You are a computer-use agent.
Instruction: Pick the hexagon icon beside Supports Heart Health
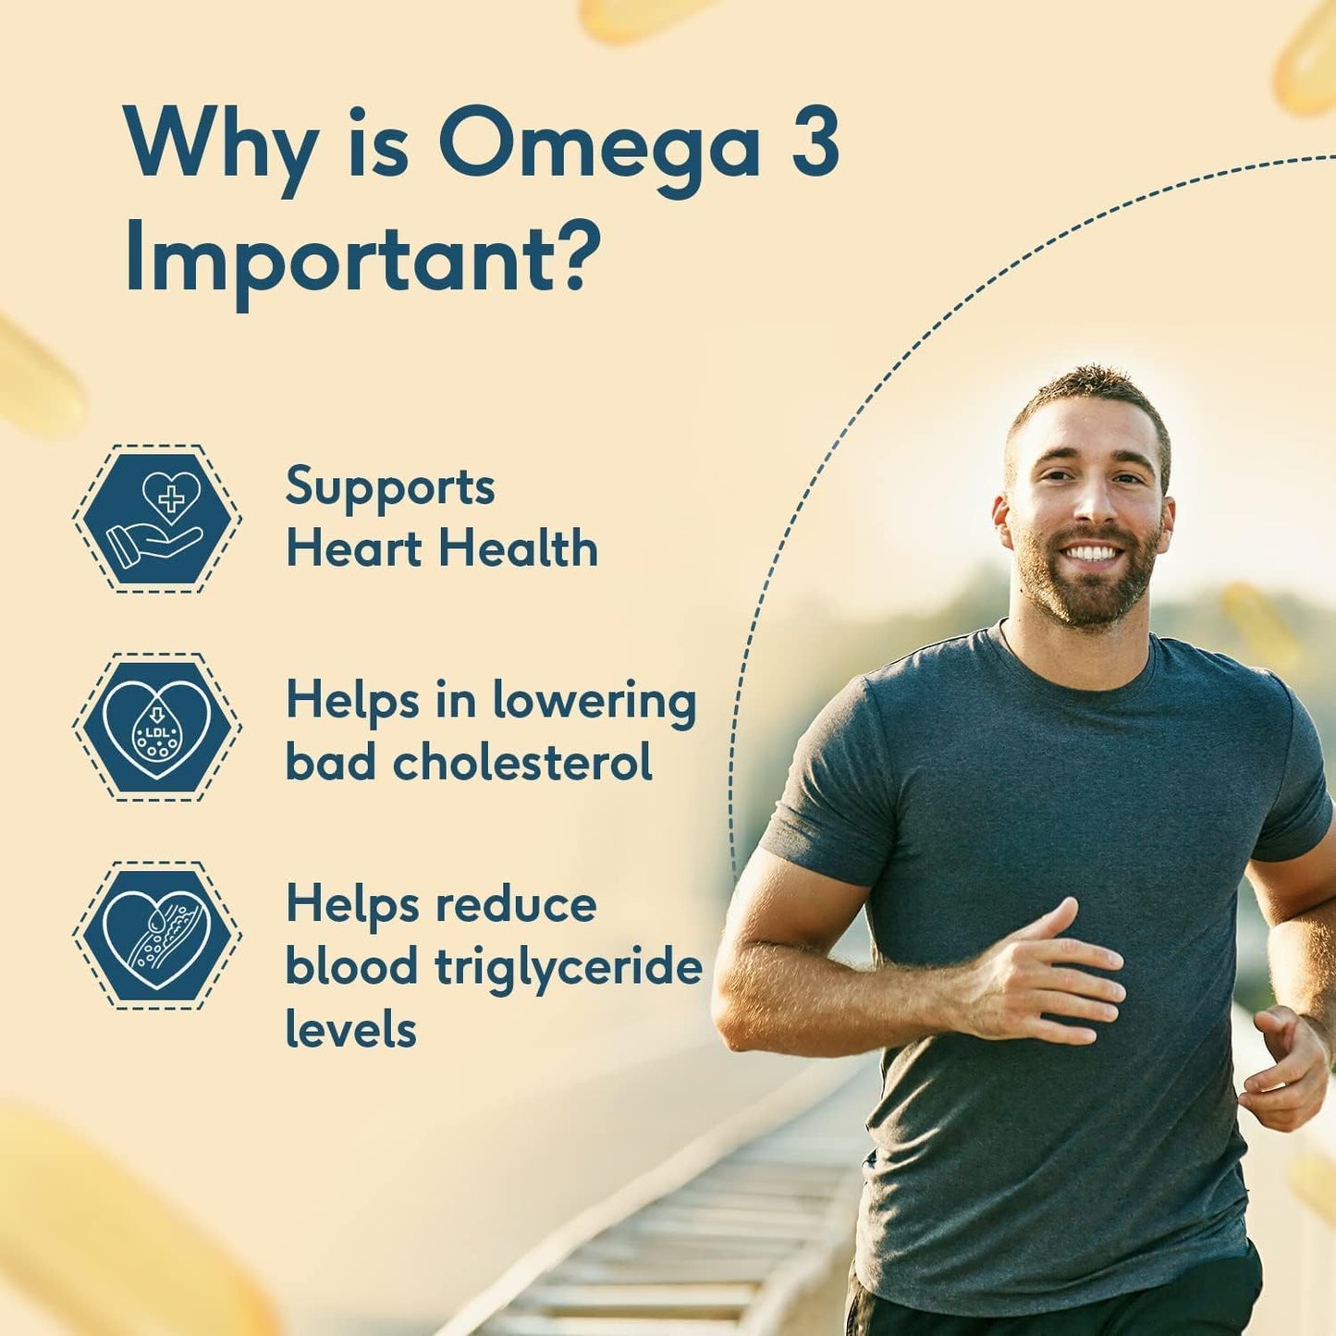pos(156,518)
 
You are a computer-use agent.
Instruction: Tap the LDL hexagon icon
pos(156,727)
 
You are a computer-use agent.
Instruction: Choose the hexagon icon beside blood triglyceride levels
pos(156,935)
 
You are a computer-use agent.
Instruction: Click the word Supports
pos(389,488)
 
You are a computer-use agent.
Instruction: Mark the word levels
pos(350,1029)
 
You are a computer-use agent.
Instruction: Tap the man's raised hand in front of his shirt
pos(1054,980)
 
